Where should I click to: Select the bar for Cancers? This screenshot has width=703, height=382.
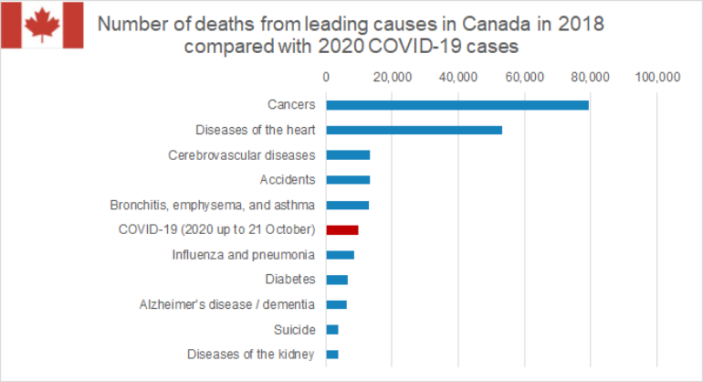click(457, 105)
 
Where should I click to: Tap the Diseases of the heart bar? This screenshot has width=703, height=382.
click(414, 130)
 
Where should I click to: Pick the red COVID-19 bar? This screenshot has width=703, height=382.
click(342, 229)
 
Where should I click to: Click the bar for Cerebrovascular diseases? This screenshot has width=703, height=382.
click(348, 154)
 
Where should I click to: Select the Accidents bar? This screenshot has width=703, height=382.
click(348, 179)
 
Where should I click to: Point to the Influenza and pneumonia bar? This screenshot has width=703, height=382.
click(340, 254)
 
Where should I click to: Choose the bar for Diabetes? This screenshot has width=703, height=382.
click(337, 279)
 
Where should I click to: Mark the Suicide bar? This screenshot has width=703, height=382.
click(332, 329)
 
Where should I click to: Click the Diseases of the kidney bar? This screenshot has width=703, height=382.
click(332, 354)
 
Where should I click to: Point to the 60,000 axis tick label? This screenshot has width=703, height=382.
click(524, 77)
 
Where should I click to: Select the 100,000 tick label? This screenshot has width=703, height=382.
click(656, 77)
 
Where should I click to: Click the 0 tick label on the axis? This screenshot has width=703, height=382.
click(326, 77)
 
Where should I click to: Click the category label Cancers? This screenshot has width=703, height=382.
click(291, 105)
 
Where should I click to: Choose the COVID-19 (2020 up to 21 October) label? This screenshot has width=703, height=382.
click(217, 229)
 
